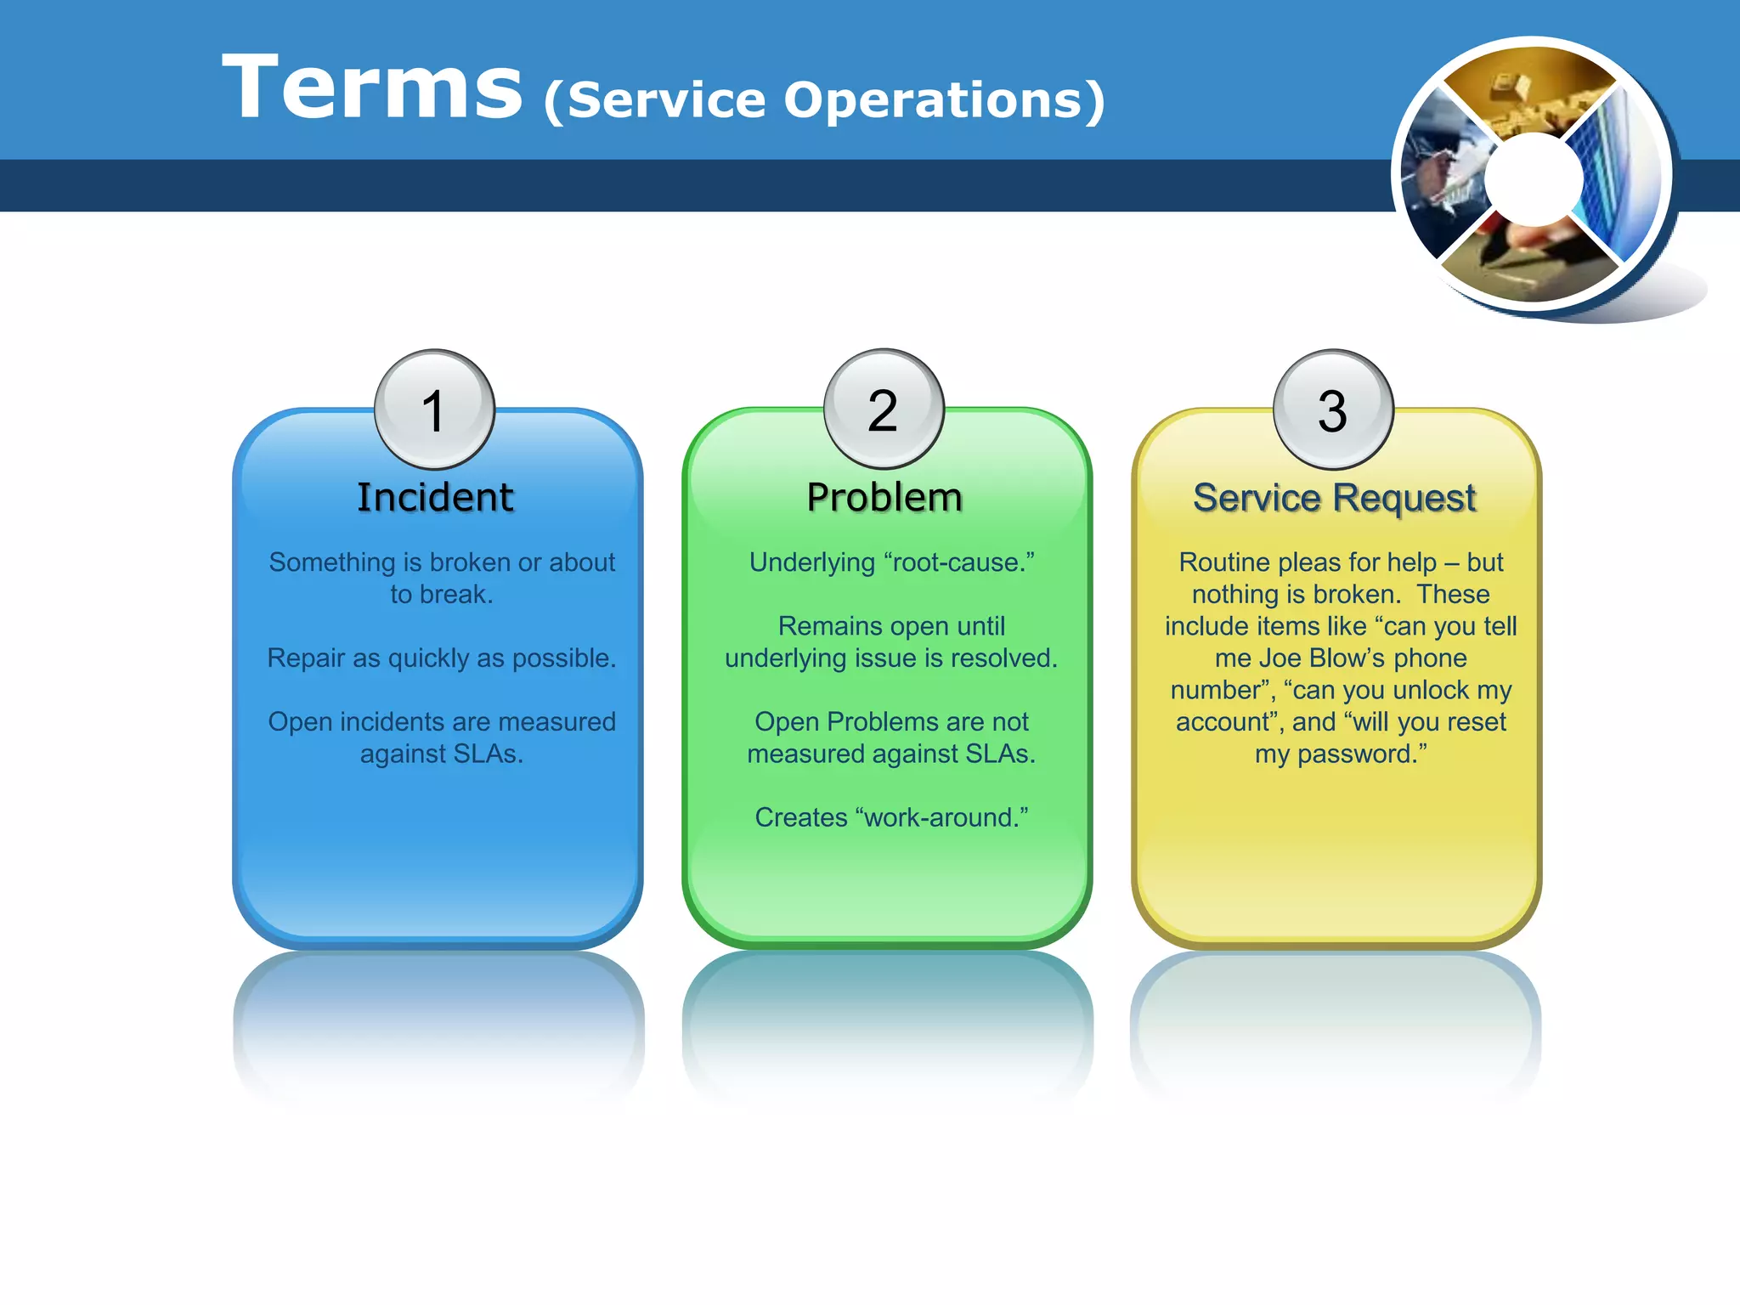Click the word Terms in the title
click(x=371, y=88)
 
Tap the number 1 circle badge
click(x=434, y=410)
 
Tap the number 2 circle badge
click(x=884, y=410)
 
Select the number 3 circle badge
click(x=1333, y=410)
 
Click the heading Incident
click(x=435, y=498)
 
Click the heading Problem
click(x=884, y=498)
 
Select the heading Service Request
click(x=1334, y=498)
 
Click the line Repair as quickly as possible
click(x=441, y=658)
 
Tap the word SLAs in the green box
click(x=1000, y=754)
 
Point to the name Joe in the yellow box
click(x=1280, y=658)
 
